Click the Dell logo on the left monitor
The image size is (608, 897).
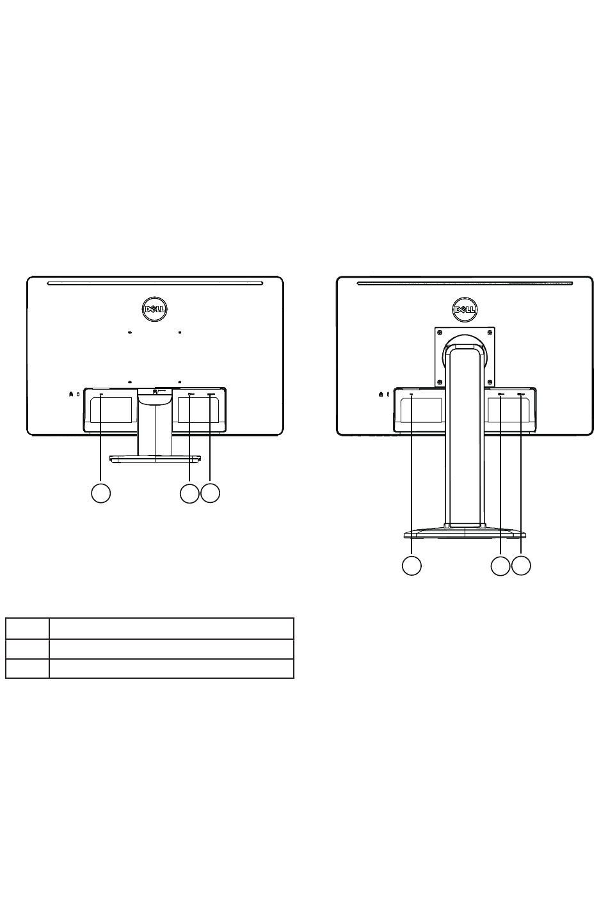click(155, 309)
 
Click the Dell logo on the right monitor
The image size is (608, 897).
click(465, 310)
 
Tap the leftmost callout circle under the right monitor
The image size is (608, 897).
click(412, 566)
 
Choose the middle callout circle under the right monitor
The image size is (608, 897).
click(500, 566)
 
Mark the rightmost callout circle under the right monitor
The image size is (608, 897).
click(521, 566)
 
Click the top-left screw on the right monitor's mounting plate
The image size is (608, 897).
click(440, 332)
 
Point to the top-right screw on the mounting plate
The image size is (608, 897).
click(490, 332)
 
